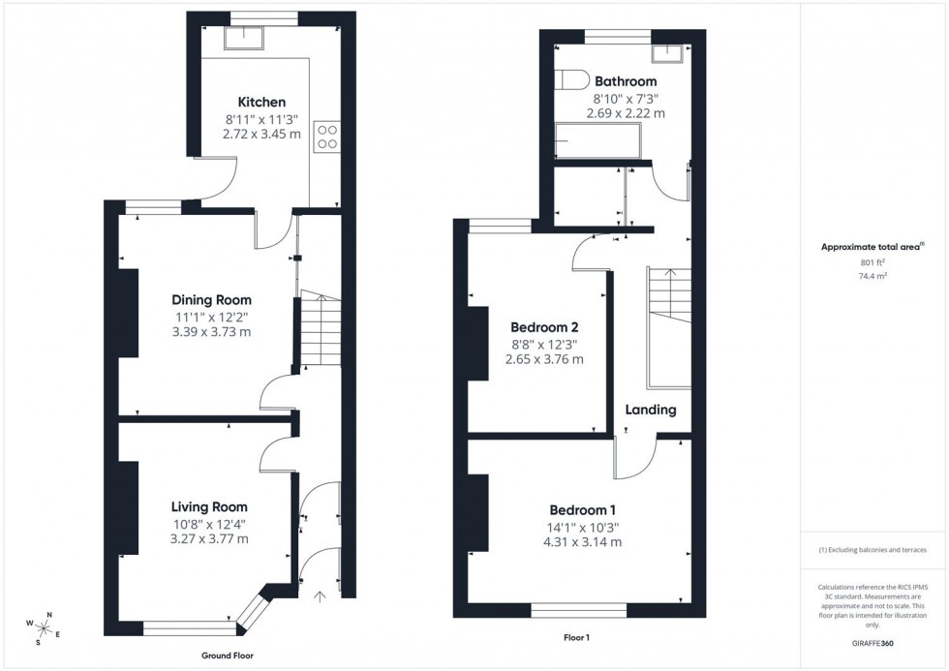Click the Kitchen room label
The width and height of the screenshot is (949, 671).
261,102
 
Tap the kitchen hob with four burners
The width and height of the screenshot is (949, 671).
327,136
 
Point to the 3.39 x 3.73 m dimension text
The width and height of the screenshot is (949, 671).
211,332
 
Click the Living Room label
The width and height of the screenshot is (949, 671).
209,506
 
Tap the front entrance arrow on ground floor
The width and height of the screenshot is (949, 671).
320,597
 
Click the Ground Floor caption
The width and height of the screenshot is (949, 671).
228,656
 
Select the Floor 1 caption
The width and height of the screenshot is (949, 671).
576,638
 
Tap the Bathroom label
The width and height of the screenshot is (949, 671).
626,81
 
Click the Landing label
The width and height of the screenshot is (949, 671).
651,410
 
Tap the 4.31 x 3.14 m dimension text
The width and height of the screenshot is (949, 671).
582,542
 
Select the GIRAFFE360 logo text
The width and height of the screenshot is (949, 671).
873,643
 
